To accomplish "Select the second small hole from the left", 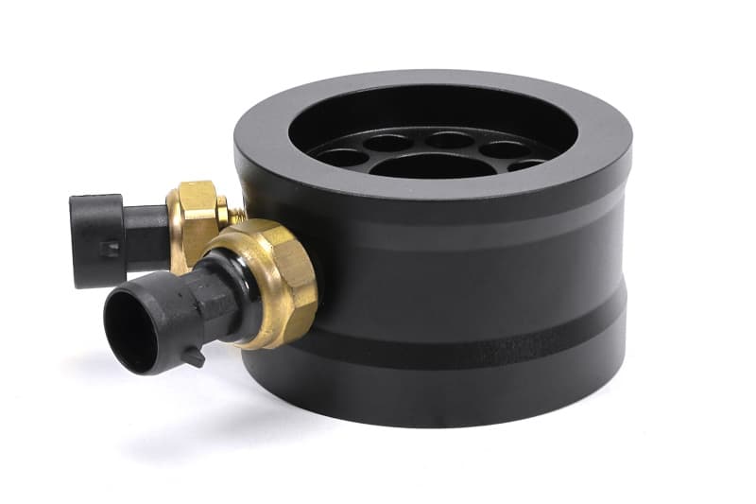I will tap(388, 144).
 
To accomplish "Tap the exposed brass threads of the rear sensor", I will tap(234, 217).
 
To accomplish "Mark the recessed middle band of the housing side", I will tap(472, 284).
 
